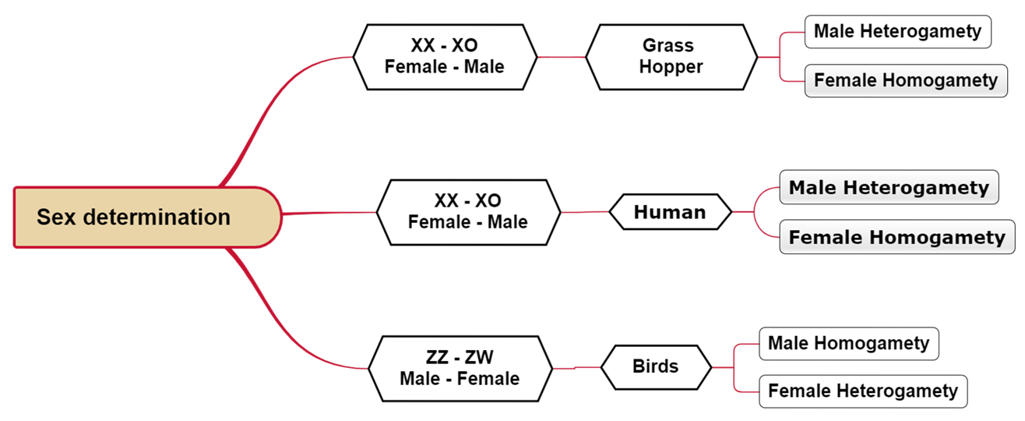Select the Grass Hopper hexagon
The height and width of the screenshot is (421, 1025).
tap(671, 57)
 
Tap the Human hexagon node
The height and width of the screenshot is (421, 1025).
tap(670, 212)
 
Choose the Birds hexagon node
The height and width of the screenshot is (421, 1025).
tap(656, 366)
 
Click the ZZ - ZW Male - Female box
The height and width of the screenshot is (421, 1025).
tap(460, 368)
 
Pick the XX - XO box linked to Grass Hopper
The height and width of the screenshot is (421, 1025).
tap(445, 57)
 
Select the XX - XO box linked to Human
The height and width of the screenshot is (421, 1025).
tap(467, 212)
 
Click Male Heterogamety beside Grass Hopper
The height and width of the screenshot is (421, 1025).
tap(897, 32)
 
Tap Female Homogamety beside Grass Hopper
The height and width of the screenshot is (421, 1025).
tap(905, 80)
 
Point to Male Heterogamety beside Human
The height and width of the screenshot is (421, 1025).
tap(889, 188)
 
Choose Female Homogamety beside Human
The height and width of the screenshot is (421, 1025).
tap(897, 237)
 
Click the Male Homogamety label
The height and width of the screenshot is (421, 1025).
tap(848, 343)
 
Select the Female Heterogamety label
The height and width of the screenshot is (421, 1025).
tap(863, 391)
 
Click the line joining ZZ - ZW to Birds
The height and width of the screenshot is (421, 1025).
tap(576, 367)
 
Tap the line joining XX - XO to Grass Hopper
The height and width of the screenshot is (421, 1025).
tap(561, 57)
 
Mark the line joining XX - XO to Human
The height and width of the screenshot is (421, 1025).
tap(584, 212)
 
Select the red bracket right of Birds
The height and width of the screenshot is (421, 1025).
tap(734, 367)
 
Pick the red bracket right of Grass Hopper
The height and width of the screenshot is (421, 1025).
tap(780, 57)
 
